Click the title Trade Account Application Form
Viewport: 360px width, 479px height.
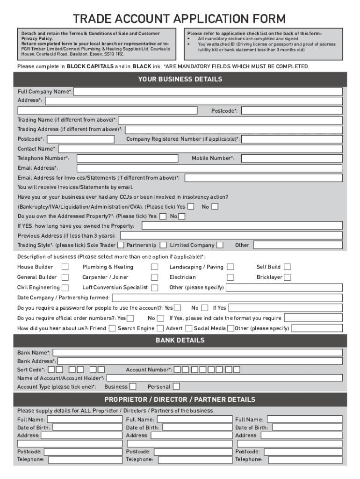(x=180, y=19)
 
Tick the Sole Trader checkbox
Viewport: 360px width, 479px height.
(x=121, y=245)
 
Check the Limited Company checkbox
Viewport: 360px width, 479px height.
(x=220, y=245)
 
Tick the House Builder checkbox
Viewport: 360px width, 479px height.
(x=65, y=267)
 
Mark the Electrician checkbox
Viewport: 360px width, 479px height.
(x=230, y=277)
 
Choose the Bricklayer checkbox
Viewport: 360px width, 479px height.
(x=288, y=277)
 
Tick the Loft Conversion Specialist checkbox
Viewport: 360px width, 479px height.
(x=154, y=288)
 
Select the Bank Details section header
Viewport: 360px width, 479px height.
(x=180, y=341)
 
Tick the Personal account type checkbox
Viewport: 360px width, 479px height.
(x=176, y=387)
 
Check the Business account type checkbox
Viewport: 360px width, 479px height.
(x=133, y=387)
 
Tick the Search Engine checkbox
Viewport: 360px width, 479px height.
(x=160, y=328)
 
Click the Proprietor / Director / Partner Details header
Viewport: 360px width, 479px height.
(x=180, y=399)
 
